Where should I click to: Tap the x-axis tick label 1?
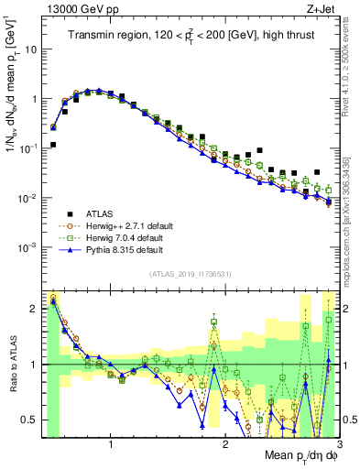pyautogui.click(x=111, y=444)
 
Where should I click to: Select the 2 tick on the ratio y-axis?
pyautogui.click(x=34, y=309)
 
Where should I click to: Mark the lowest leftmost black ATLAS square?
pyautogui.click(x=53, y=145)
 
